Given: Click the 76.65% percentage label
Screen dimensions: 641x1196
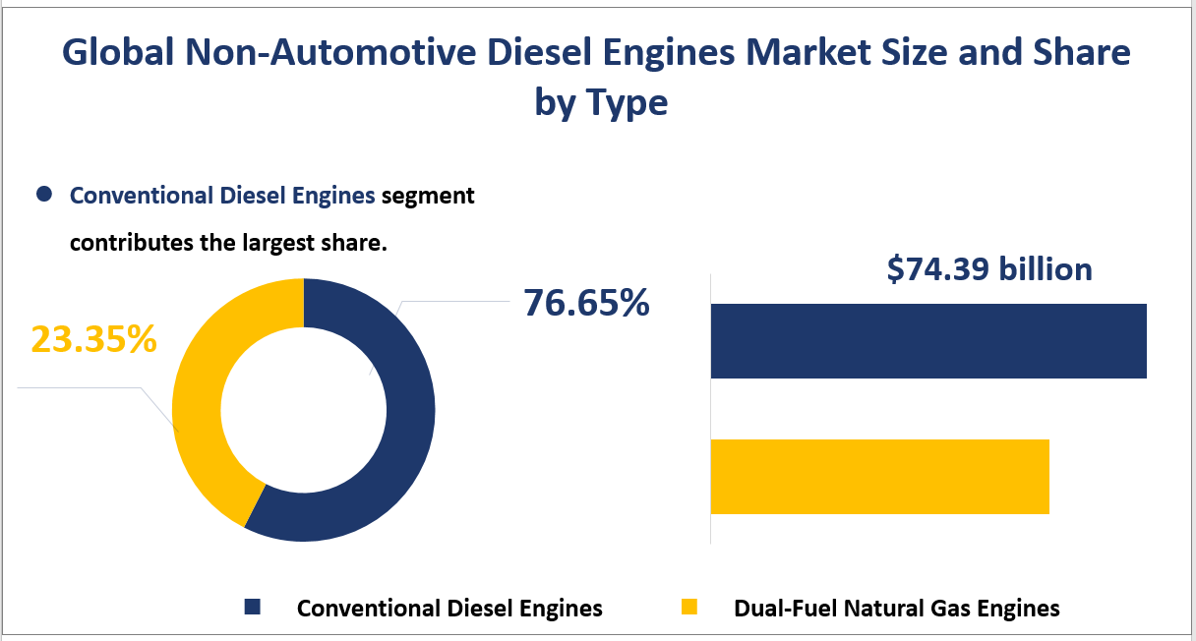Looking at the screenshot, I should click(x=586, y=303).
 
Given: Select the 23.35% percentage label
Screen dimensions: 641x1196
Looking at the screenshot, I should click(x=93, y=339).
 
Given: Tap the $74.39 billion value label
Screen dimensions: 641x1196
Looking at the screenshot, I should click(x=988, y=268).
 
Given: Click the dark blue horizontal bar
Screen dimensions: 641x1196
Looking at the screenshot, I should click(x=927, y=341).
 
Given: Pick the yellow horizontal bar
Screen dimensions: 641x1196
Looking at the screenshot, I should click(x=879, y=476).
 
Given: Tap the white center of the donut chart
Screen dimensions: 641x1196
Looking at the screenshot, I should click(x=303, y=410).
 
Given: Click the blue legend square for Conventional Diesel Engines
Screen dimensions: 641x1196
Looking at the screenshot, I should click(x=253, y=608).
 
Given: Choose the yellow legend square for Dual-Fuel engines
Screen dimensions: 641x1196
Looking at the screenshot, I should click(x=688, y=608).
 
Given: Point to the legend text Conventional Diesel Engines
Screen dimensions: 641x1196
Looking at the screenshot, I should click(x=449, y=609).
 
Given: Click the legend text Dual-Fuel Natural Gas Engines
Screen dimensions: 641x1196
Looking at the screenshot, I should click(x=897, y=609).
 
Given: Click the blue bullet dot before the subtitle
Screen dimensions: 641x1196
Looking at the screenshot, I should click(x=43, y=195).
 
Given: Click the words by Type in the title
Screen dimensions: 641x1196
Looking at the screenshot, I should click(x=601, y=101).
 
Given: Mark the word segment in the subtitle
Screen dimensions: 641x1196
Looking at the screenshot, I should click(x=428, y=196).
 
